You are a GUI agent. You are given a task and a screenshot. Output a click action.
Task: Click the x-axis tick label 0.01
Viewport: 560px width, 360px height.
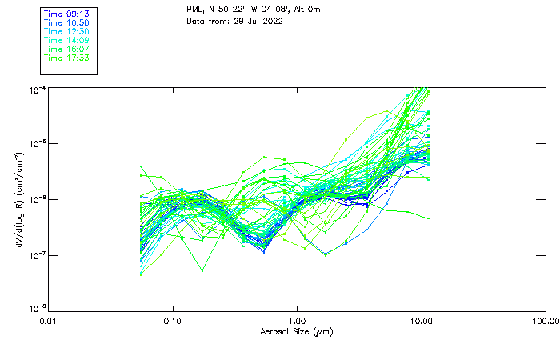(x=49, y=321)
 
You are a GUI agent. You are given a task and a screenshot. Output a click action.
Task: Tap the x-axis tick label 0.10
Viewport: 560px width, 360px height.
(x=173, y=321)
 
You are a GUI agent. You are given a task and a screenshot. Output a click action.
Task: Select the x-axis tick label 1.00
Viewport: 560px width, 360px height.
(x=297, y=321)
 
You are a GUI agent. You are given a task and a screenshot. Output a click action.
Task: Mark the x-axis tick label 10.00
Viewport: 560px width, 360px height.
(x=421, y=321)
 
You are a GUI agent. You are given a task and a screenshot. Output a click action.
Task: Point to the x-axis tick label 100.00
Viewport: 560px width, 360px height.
(x=545, y=321)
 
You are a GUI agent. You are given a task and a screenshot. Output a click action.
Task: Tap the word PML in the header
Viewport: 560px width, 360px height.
(x=195, y=10)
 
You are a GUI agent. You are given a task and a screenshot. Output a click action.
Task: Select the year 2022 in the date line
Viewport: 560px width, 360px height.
(x=274, y=21)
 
